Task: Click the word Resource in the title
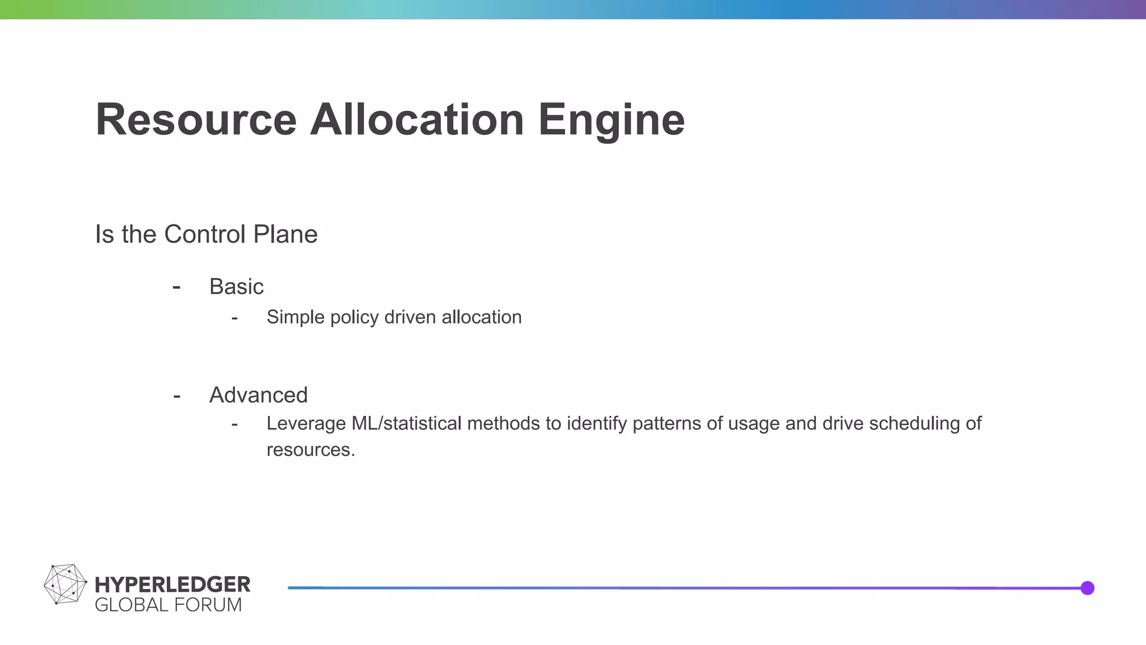(196, 120)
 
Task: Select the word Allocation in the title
(417, 120)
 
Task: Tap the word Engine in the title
(611, 120)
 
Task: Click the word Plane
(285, 234)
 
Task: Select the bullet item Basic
(236, 287)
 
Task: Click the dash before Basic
(177, 287)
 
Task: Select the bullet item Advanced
(259, 395)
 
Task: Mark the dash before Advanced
(177, 396)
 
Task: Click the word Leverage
(306, 423)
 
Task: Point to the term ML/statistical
(406, 423)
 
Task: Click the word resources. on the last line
(311, 450)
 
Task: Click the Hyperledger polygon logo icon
(65, 584)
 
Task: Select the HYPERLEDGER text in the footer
(172, 585)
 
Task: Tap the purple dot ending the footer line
(1087, 588)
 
